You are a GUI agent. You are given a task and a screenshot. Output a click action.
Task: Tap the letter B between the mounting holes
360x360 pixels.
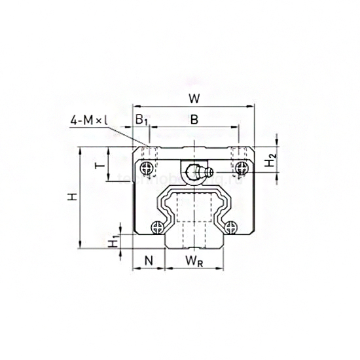(193, 120)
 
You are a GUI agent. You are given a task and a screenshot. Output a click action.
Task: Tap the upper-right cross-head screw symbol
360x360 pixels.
(242, 168)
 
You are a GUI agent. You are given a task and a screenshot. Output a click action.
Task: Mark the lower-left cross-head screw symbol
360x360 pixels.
(156, 227)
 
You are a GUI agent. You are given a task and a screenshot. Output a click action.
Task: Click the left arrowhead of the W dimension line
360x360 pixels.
(135, 107)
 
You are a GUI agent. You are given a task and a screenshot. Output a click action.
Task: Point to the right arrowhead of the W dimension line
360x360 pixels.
(252, 107)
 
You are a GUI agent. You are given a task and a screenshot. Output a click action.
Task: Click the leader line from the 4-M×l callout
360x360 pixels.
(128, 133)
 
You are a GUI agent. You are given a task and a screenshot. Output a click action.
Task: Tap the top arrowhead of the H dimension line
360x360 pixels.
(80, 150)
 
